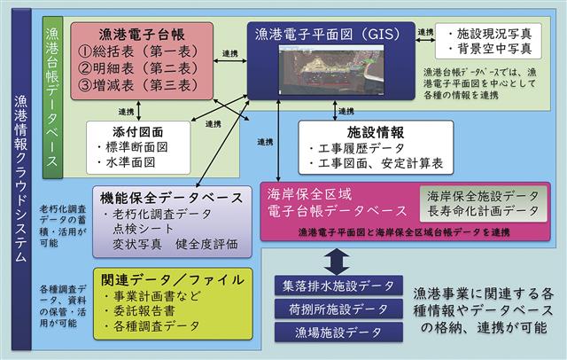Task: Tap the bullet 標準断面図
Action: pos(137,146)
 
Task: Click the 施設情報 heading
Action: pos(367,130)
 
